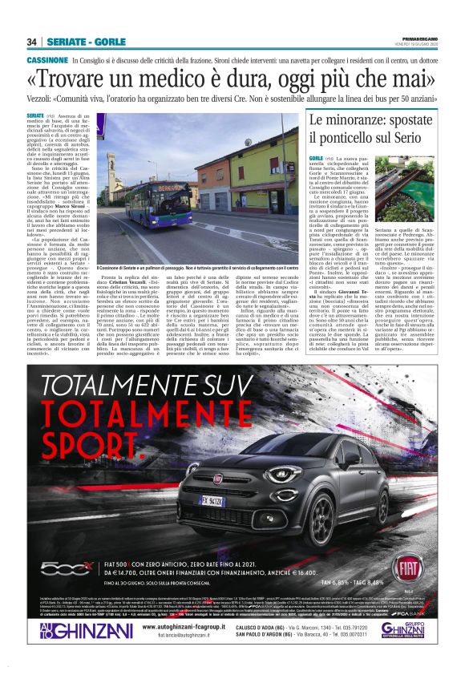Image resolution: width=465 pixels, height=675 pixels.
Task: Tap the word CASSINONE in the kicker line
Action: pyautogui.click(x=46, y=60)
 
